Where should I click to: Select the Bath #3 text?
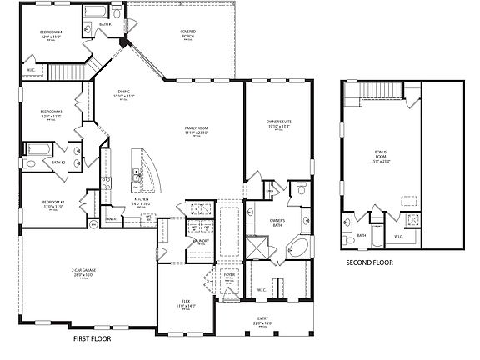coord(106,25)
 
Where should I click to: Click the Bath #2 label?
coord(57,162)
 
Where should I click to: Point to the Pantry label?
coord(111,220)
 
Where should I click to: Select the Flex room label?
coord(186,303)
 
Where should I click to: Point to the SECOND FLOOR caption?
coord(370,262)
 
